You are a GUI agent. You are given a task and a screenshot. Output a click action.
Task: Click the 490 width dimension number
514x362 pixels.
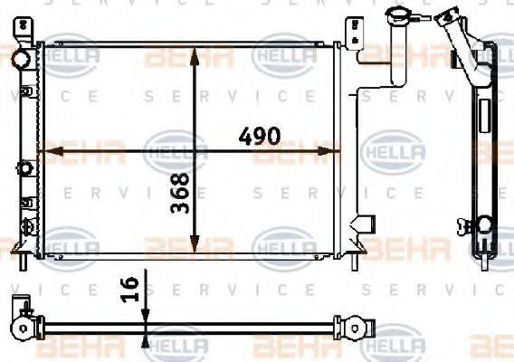[x=259, y=138]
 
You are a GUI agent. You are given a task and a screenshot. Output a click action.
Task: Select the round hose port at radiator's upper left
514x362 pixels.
[x=19, y=59]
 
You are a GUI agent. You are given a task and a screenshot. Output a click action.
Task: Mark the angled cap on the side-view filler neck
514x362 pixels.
[x=447, y=16]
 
